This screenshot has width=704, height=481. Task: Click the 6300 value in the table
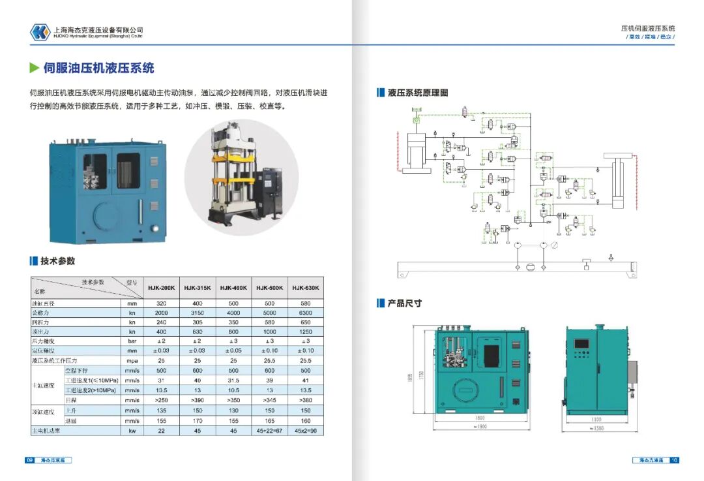coord(305,313)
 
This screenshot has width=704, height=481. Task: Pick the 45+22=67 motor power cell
coord(269,431)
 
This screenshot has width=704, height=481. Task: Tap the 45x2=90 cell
coord(305,431)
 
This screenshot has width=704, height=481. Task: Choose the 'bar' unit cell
coord(132,341)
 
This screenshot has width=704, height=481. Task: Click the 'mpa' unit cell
coord(132,360)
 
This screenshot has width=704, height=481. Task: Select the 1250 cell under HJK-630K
coord(305,332)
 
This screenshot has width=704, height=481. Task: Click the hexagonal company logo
coord(40,32)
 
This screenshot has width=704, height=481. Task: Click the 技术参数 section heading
coord(57,261)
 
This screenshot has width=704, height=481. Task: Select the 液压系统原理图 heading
coord(418,93)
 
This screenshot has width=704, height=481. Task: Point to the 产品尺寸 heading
coord(404,303)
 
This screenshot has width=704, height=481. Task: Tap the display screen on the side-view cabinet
coord(580,344)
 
